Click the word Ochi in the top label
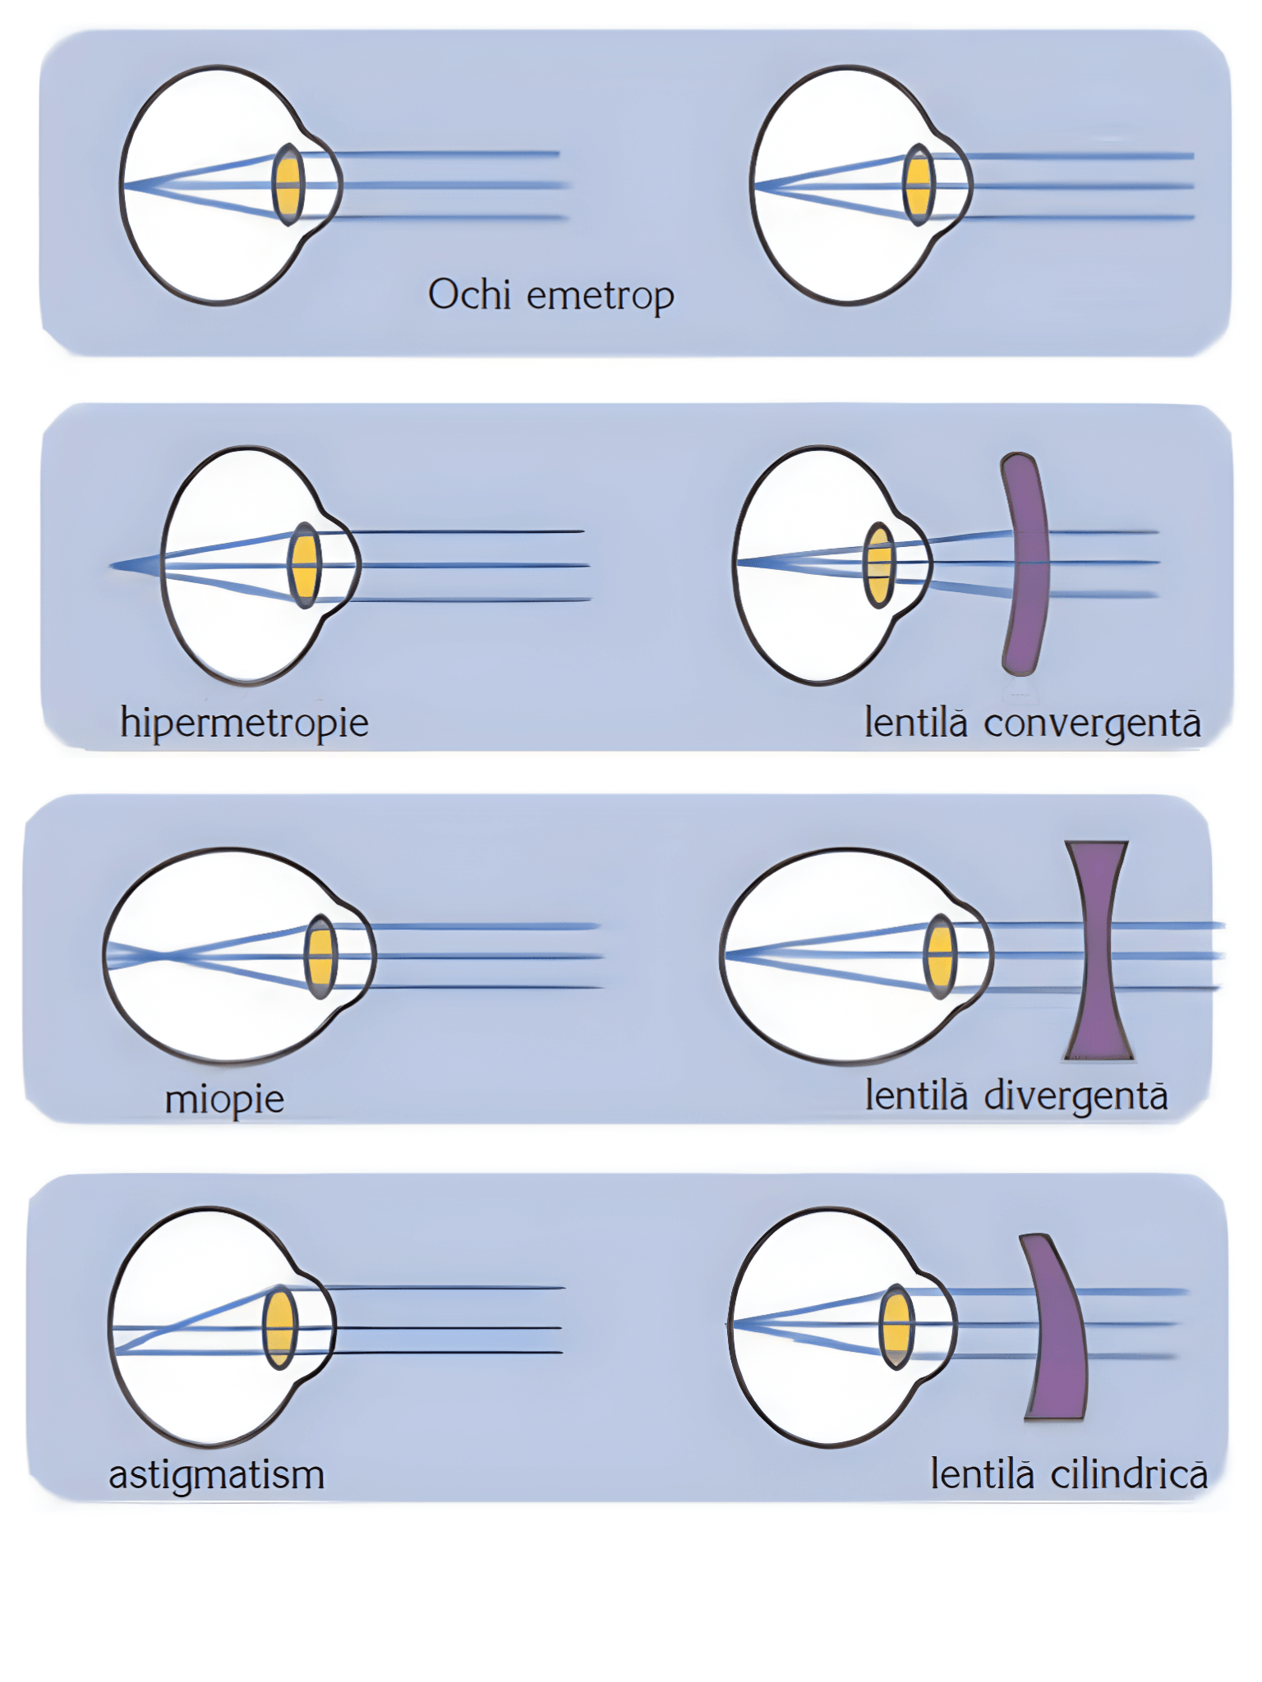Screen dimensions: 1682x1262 [469, 294]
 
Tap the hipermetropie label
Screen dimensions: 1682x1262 [244, 724]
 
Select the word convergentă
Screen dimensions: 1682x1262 [1092, 724]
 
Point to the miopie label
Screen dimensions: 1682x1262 [224, 1099]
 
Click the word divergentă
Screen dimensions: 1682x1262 [1075, 1096]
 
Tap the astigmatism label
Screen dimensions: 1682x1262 [217, 1474]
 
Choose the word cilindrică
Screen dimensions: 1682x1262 [1129, 1474]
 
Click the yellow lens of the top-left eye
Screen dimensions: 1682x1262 [288, 185]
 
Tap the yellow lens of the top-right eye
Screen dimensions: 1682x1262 [919, 185]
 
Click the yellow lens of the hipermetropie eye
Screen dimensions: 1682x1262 [305, 565]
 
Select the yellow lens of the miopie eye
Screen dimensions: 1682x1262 [320, 956]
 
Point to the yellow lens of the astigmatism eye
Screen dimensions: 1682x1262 [280, 1327]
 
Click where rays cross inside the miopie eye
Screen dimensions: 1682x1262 [167, 955]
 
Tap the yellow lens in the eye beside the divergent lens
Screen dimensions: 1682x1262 [940, 956]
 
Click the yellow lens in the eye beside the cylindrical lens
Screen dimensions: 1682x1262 [896, 1326]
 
